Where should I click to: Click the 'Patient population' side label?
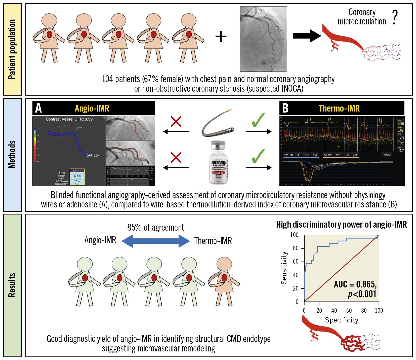[12, 49]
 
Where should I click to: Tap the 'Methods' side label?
[12, 155]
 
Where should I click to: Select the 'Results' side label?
[12, 285]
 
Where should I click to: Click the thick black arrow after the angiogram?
[307, 36]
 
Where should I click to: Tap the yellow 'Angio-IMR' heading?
[92, 108]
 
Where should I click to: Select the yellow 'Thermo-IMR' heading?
[339, 108]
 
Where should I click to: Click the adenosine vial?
[218, 162]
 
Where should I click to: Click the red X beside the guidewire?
[176, 121]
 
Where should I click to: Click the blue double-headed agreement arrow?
[155, 241]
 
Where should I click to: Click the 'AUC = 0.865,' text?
[355, 284]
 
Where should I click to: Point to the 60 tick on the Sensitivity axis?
[296, 262]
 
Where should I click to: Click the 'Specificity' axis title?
[341, 320]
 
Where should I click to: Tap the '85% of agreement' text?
[155, 228]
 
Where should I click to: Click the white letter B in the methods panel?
[285, 108]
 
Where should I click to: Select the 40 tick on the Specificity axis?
[334, 310]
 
